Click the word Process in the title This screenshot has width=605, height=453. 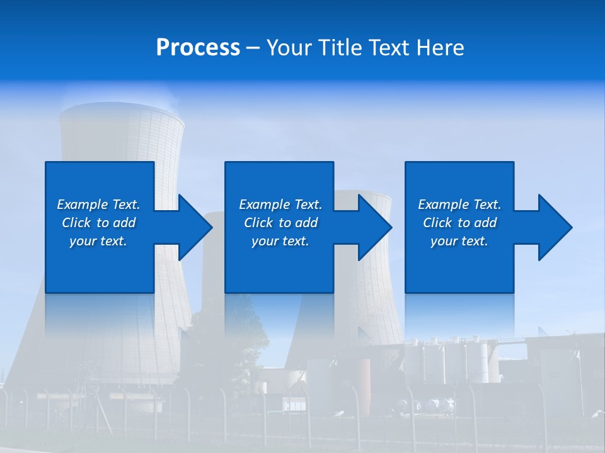click(x=198, y=48)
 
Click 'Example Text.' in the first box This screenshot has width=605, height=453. click(x=98, y=204)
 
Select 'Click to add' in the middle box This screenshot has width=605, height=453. click(x=280, y=223)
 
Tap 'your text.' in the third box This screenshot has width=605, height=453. click(x=459, y=241)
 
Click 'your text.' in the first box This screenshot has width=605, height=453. click(x=98, y=241)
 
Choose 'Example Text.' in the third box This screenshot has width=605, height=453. click(x=459, y=204)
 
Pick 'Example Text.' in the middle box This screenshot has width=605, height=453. click(x=280, y=204)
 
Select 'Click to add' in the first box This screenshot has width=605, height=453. click(x=98, y=223)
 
